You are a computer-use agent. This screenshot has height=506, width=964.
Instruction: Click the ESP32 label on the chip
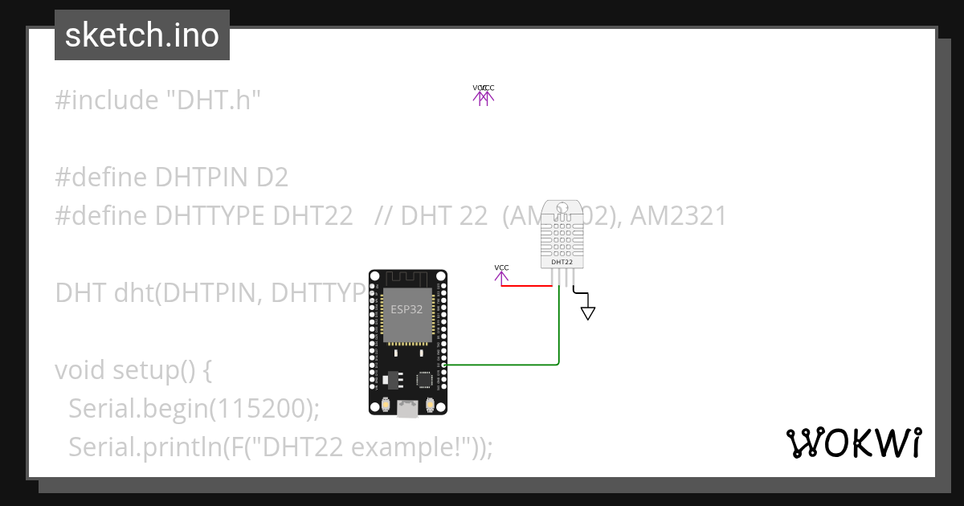tap(406, 309)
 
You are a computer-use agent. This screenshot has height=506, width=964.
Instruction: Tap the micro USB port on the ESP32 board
tap(407, 410)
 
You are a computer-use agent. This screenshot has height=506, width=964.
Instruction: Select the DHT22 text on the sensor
tap(562, 262)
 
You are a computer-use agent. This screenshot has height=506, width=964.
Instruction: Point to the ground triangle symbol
tap(588, 312)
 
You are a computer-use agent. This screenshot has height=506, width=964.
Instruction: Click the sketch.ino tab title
tap(142, 35)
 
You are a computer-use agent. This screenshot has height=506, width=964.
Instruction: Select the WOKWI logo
tap(853, 442)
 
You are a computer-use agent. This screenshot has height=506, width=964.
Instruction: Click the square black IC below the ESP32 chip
tap(423, 378)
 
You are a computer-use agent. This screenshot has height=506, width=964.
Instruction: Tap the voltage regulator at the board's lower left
tap(393, 377)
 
